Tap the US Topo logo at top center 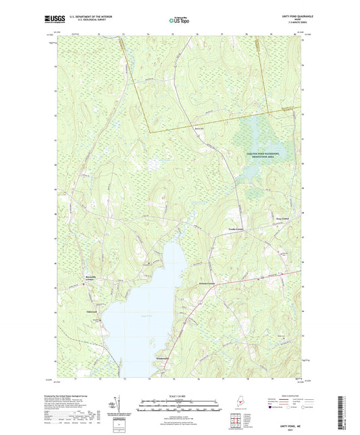[178, 21]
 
